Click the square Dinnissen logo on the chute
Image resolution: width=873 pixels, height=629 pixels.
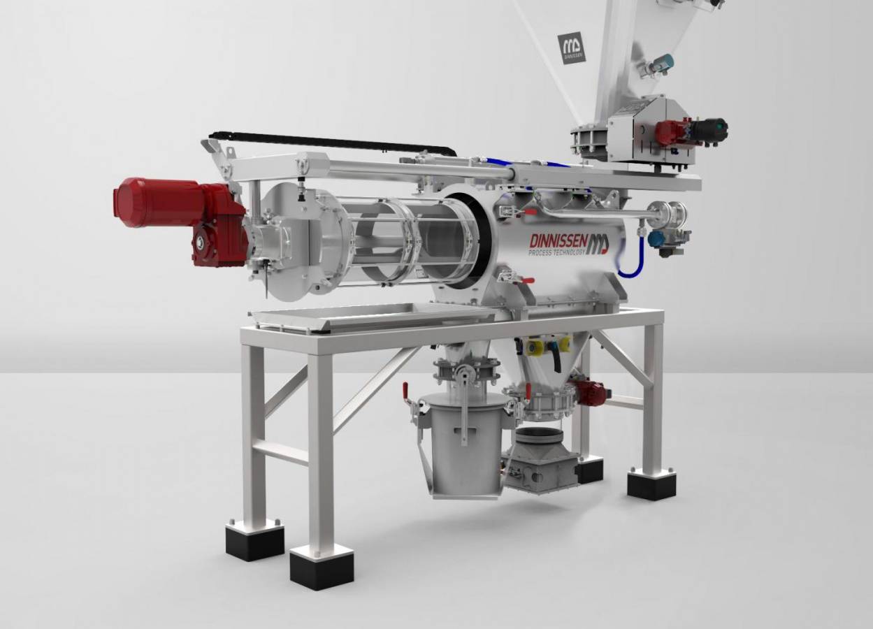pos(571,48)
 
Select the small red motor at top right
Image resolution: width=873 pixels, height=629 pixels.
pos(672,131)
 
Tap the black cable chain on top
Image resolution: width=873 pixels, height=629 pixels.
pos(329,140)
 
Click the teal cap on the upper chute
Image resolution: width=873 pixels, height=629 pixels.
pos(667,62)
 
